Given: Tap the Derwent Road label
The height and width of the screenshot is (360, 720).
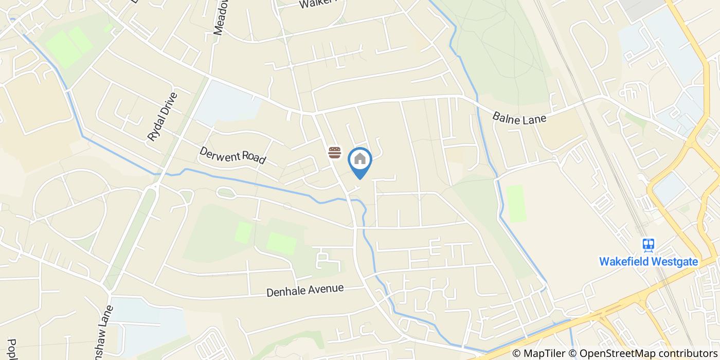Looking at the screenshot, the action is coord(232,155).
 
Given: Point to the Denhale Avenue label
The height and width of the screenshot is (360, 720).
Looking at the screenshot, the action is coord(305,291).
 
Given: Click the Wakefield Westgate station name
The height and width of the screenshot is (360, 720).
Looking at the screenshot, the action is coord(648,261).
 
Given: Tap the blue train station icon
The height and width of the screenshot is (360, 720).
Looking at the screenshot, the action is coord(648,245).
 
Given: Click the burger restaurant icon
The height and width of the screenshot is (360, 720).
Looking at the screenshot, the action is coord(335,152).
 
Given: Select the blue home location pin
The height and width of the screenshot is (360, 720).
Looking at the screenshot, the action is coord(360,160).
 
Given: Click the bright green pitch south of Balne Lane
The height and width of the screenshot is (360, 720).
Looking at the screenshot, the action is coord(516,204).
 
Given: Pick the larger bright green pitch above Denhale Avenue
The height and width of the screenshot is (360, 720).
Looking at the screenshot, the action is coord(281,243).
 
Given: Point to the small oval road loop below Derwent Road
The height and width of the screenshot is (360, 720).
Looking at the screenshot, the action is coord(226,193).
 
